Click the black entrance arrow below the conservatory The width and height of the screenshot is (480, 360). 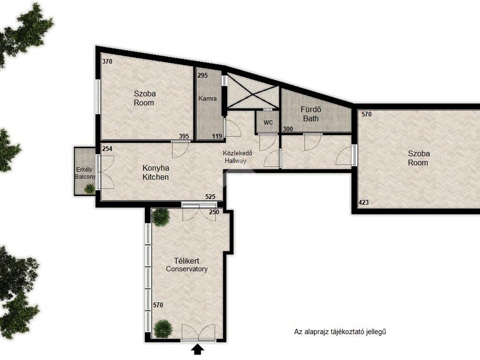click(198, 349)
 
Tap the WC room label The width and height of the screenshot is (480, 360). click(268, 122)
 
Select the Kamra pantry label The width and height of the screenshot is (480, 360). click(208, 98)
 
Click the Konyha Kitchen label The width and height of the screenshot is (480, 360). click(156, 172)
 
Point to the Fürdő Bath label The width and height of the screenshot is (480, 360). click(311, 114)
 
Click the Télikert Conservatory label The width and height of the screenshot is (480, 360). click(187, 265)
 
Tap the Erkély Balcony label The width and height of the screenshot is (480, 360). click(85, 173)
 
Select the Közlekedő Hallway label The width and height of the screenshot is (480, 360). click(237, 157)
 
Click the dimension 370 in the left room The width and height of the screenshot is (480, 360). click(107, 61)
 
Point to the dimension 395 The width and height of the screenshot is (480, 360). click(184, 136)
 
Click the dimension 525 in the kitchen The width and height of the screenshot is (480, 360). click(210, 197)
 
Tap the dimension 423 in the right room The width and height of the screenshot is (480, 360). click(363, 202)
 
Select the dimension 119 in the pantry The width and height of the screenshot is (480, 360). click(217, 136)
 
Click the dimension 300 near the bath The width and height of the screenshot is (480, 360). click(288, 129)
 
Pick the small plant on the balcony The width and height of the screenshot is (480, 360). click(90, 188)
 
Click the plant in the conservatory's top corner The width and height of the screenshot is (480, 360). click(160, 217)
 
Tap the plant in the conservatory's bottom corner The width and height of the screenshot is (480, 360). click(163, 329)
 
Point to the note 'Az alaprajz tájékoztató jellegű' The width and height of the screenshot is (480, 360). click(340, 331)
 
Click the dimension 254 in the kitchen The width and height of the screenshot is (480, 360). click(107, 149)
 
